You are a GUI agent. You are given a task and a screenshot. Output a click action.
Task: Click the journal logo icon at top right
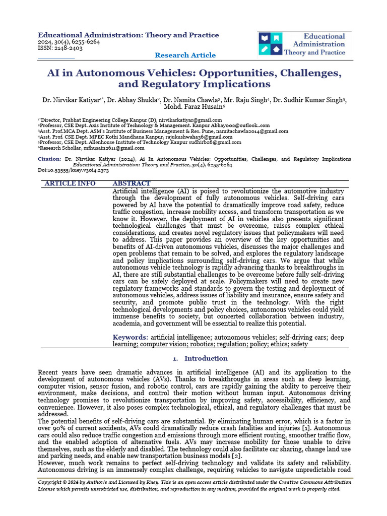[271, 44]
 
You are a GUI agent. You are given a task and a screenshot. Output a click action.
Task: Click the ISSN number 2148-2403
[69, 49]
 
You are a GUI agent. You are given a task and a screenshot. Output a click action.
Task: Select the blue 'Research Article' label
[185, 55]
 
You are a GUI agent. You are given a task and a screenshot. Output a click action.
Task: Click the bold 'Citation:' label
[49, 159]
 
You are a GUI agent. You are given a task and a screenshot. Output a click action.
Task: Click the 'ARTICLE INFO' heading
[70, 183]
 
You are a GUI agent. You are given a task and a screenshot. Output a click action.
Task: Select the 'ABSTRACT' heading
[131, 183]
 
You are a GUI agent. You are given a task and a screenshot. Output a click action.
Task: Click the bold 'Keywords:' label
[130, 337]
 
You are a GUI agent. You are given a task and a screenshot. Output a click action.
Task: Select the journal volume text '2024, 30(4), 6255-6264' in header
[69, 42]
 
